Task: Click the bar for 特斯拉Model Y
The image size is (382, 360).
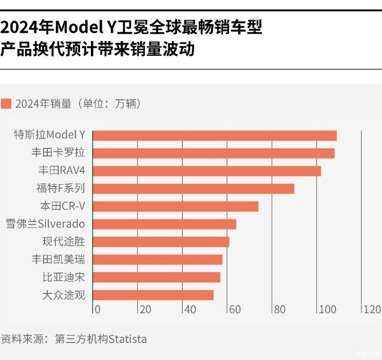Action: tap(215, 135)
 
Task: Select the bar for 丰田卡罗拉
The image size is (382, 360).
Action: tap(214, 153)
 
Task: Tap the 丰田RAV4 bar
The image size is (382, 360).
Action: tap(207, 171)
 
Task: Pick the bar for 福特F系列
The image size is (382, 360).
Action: tap(194, 189)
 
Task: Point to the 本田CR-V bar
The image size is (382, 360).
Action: tap(176, 206)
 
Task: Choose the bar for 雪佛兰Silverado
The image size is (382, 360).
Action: tap(164, 224)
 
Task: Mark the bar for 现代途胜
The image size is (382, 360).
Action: tap(161, 242)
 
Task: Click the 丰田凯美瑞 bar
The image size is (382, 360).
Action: tap(158, 259)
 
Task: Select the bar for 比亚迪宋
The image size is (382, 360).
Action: tap(157, 277)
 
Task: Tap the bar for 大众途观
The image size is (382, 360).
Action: tap(153, 295)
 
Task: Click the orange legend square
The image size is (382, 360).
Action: tap(6, 103)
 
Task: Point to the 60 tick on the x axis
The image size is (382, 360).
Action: tap(235, 310)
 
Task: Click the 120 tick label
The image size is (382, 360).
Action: tap(372, 310)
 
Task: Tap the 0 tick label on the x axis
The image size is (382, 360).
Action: tap(98, 310)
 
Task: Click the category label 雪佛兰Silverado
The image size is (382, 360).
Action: tap(45, 224)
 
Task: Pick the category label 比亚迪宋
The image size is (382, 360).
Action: tap(63, 277)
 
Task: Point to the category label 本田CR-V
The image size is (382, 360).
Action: tap(62, 207)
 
